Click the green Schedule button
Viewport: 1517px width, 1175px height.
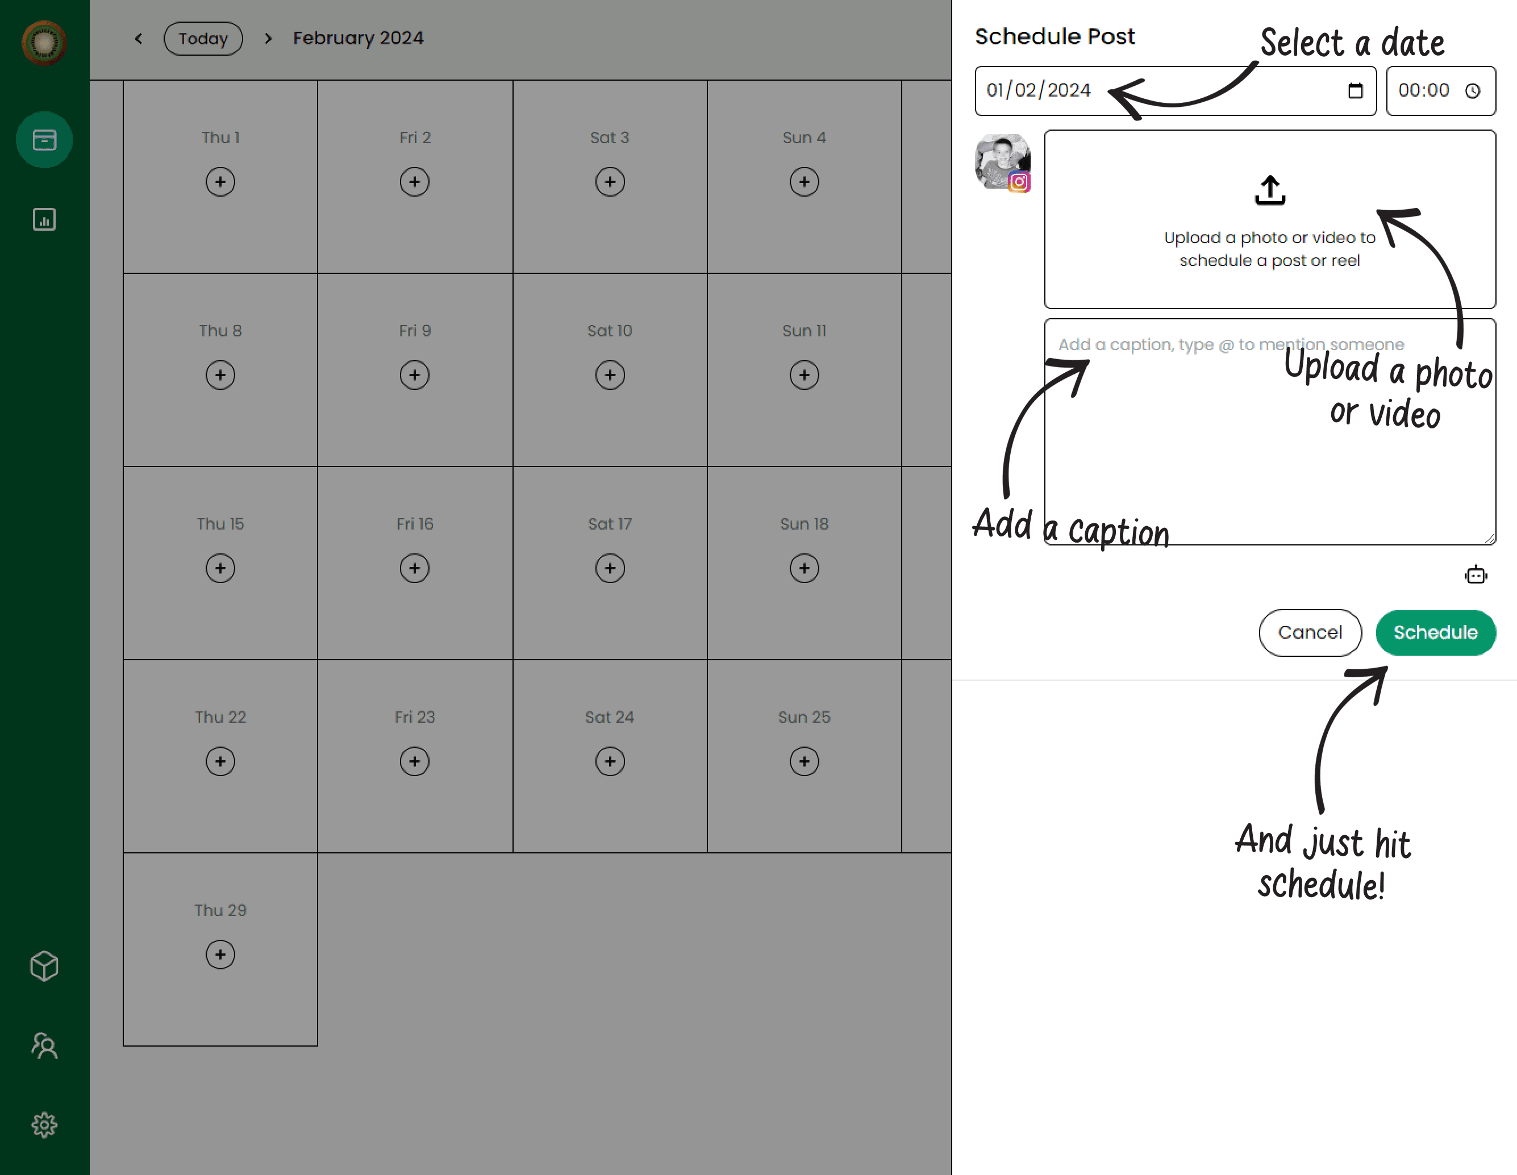tap(1435, 632)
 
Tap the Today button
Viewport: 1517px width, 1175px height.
tap(203, 38)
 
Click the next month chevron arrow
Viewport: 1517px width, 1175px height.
tap(268, 38)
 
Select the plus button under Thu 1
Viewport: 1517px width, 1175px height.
tap(220, 182)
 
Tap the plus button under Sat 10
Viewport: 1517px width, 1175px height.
tap(610, 375)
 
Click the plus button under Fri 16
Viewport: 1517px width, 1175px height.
tap(415, 568)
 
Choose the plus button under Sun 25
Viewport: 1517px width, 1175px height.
tap(805, 761)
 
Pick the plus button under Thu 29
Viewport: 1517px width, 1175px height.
tap(220, 954)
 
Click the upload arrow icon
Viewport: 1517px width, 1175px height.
tap(1270, 190)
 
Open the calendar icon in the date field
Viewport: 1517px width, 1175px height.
tap(1355, 90)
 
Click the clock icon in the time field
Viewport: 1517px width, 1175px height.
tap(1473, 90)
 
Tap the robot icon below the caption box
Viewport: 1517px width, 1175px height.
tap(1476, 574)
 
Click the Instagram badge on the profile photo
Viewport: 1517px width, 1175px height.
tap(1019, 182)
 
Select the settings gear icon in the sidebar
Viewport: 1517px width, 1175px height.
tap(44, 1124)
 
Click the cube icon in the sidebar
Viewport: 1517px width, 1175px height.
tap(44, 966)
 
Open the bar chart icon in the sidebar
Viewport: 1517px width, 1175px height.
tap(44, 219)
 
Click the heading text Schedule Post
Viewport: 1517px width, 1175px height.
tap(1055, 36)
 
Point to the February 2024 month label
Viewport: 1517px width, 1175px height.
tap(358, 38)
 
